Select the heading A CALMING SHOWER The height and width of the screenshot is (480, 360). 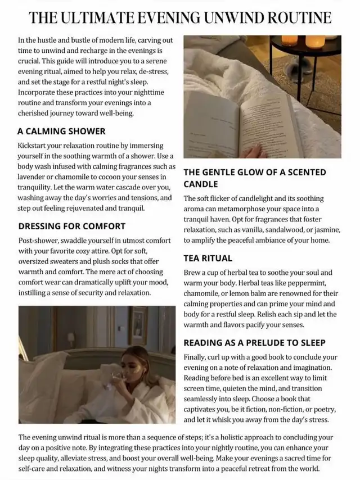[61, 132]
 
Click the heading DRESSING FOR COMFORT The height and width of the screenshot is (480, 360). [72, 227]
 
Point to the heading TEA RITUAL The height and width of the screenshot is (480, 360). [208, 258]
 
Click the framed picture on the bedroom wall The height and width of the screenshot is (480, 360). [138, 325]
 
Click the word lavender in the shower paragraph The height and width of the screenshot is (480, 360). [35, 176]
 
